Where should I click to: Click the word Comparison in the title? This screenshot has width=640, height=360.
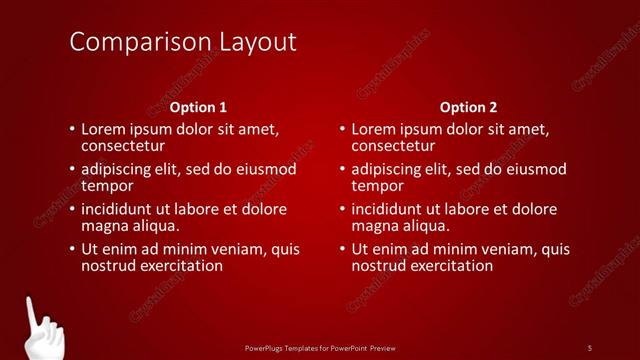tap(132, 43)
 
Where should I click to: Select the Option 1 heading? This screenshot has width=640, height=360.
tap(198, 107)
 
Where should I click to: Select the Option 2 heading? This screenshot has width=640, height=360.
tap(468, 107)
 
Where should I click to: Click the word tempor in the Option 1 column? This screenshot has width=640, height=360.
tap(106, 186)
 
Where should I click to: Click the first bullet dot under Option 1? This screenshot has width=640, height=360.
tap(71, 130)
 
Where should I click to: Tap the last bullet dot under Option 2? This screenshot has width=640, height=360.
tap(342, 250)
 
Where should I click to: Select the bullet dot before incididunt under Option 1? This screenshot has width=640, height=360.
tap(71, 210)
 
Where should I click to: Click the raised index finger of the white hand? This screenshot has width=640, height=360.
tap(32, 311)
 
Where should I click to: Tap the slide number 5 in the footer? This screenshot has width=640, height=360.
tap(589, 347)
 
